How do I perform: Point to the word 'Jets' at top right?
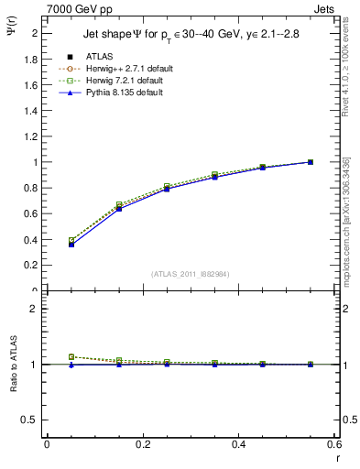click(326, 8)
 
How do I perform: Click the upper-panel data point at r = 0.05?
click(71, 245)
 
